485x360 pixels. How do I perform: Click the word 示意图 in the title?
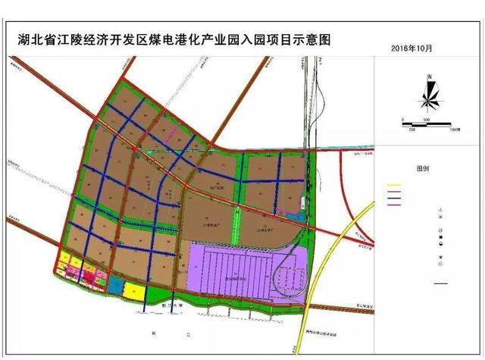311,39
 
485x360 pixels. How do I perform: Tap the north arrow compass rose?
428,94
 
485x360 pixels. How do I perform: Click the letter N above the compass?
429,76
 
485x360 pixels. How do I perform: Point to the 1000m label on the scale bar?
455,130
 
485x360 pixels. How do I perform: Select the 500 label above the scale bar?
426,119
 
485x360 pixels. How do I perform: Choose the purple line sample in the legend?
393,203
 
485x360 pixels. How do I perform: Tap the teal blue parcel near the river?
115,285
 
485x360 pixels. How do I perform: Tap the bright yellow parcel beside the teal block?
135,291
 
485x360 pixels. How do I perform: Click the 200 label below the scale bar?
412,130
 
